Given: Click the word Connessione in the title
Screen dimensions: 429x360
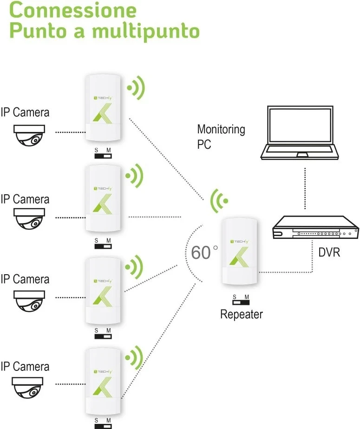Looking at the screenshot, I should tap(72, 10).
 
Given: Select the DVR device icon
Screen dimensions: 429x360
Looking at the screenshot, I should tap(315, 228).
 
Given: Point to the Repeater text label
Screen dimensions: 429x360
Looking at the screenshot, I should tap(241, 315).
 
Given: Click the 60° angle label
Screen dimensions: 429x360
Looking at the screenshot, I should tap(204, 252).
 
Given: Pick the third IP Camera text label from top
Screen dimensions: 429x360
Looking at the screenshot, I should tap(25, 279).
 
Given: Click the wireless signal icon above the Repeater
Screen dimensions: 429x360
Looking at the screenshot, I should tap(219, 201).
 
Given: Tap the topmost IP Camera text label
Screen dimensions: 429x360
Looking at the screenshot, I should tap(25, 112).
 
